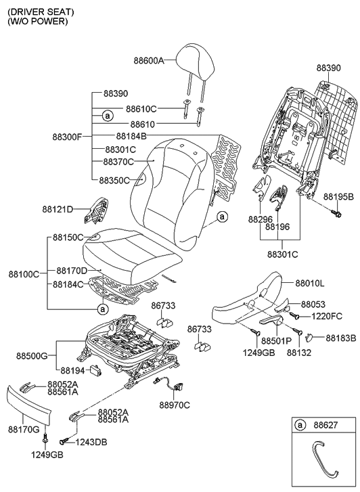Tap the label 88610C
coord(141,108)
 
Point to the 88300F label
coord(67,137)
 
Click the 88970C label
coord(175,405)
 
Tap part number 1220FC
coord(328,315)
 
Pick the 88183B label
coord(340,337)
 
